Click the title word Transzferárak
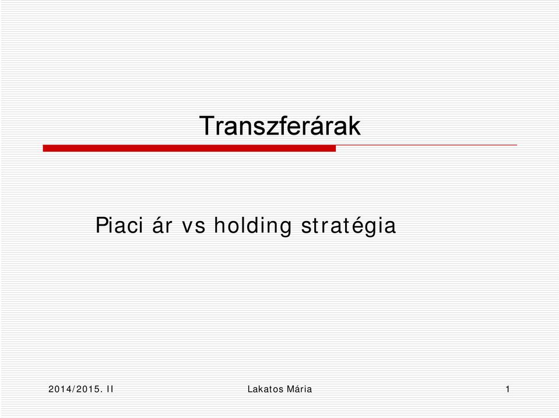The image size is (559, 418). [x=280, y=125]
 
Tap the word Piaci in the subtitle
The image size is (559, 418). [x=119, y=225]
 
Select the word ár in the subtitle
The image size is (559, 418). [x=162, y=225]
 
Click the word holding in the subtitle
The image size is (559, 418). [x=253, y=226]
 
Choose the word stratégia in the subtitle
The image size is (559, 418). [x=349, y=226]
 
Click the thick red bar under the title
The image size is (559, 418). [x=189, y=148]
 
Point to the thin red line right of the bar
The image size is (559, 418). [x=426, y=145]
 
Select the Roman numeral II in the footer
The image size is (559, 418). [x=110, y=389]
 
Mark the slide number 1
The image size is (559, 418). [x=508, y=389]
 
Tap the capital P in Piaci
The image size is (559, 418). [x=101, y=225]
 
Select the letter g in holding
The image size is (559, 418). [x=286, y=229]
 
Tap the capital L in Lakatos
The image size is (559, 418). [x=250, y=389]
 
